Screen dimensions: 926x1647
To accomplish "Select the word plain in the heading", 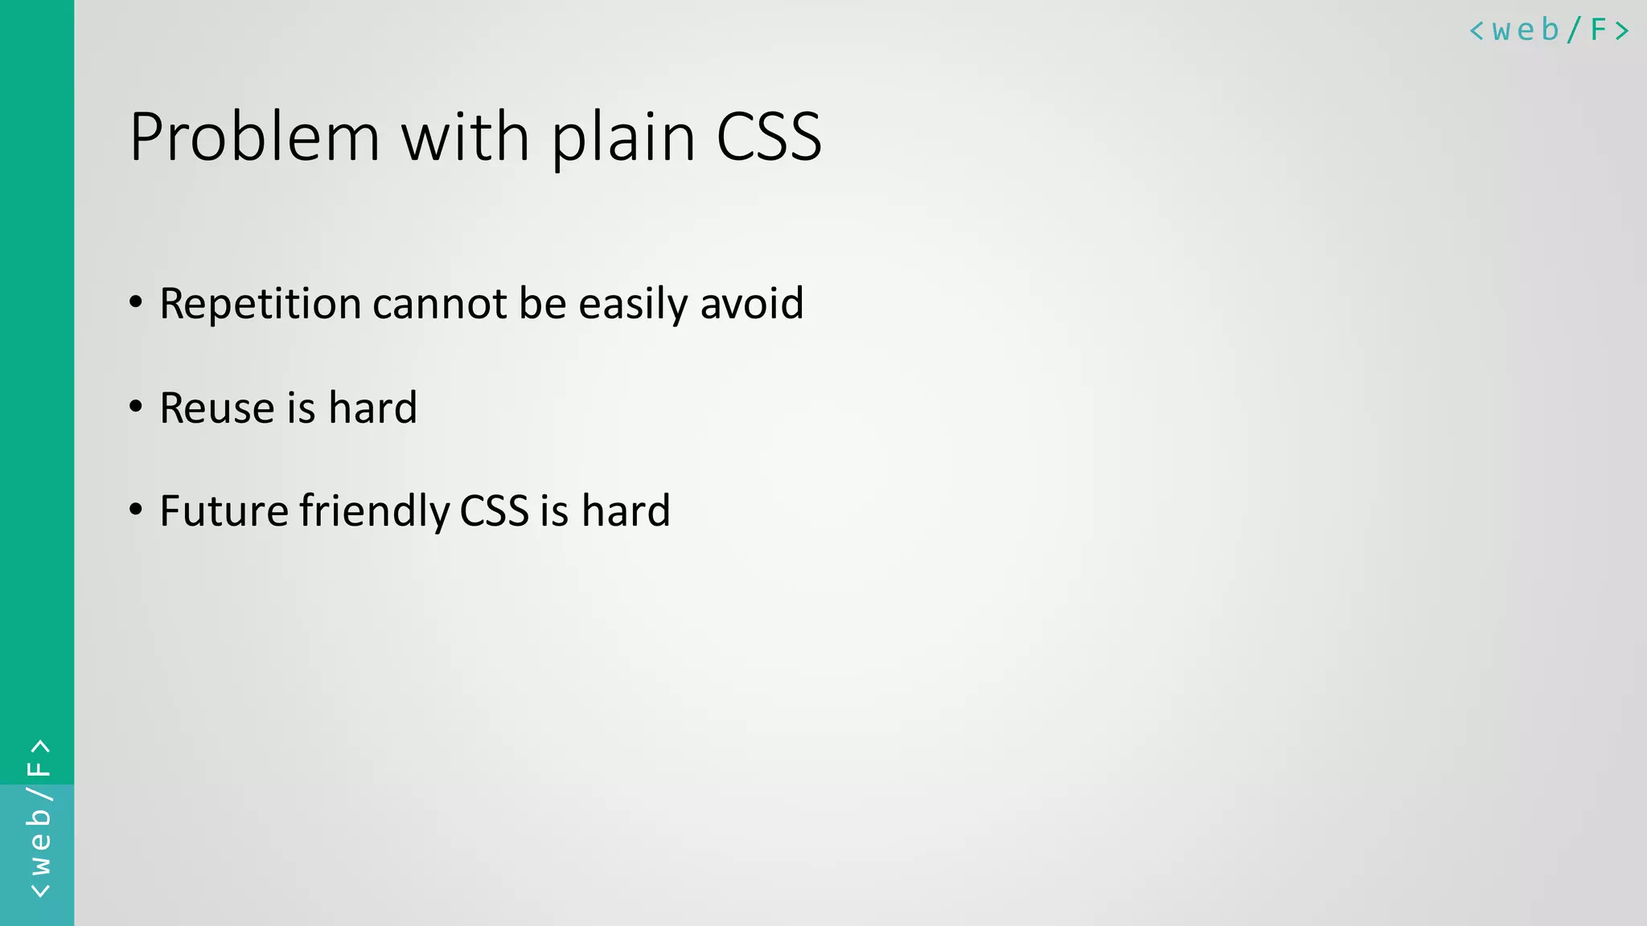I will click(623, 138).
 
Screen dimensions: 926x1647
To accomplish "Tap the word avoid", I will click(752, 304).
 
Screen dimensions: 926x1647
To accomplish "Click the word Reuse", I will click(217, 408).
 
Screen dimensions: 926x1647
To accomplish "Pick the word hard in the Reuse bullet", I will click(373, 408).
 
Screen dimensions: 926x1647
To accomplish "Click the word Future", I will click(224, 511).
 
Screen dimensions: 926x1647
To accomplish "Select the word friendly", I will click(375, 512).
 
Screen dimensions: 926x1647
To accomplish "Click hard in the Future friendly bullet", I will click(626, 511).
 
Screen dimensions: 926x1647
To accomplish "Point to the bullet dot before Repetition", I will click(136, 303).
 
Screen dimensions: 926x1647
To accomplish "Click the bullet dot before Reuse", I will click(136, 407).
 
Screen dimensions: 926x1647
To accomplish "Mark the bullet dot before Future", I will click(136, 510).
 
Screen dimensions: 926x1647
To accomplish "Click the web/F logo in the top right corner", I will click(1549, 31).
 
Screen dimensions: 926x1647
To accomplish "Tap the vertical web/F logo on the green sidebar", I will click(39, 818).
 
